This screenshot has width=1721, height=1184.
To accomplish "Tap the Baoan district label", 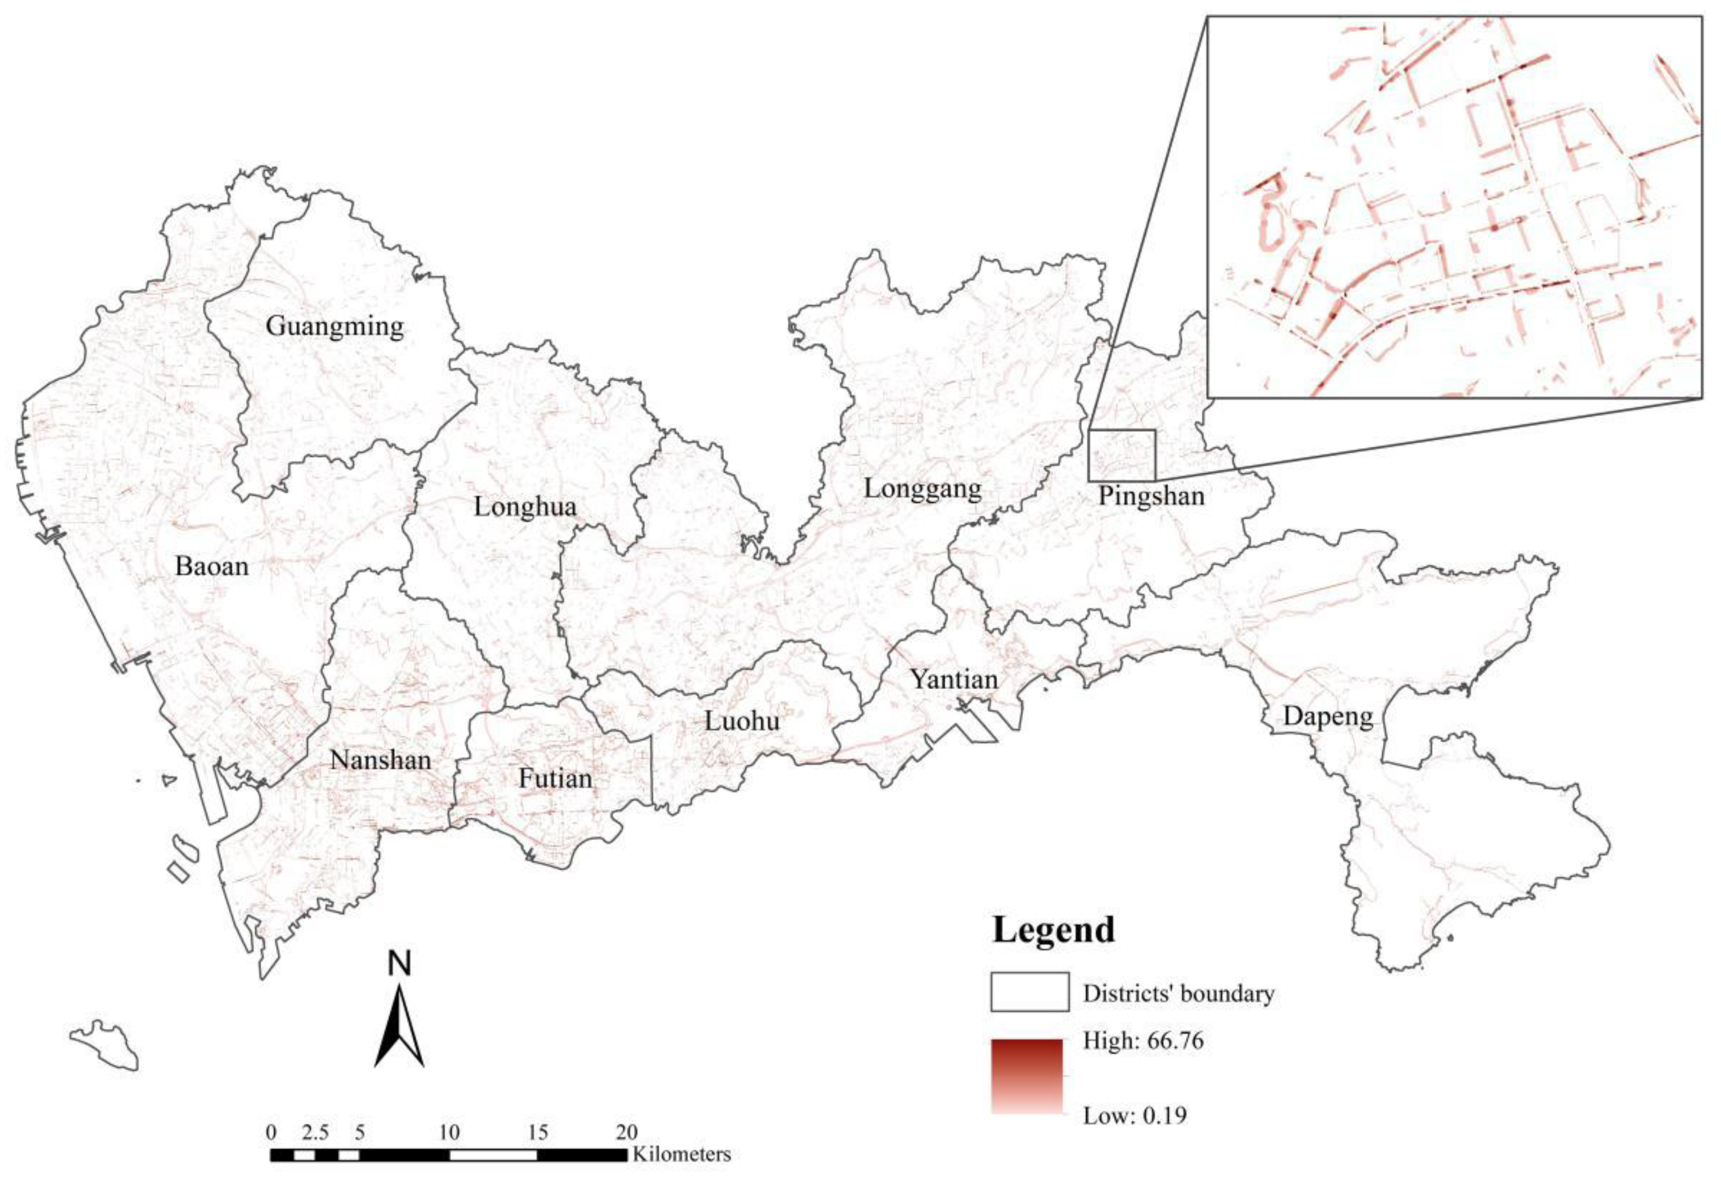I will tap(211, 566).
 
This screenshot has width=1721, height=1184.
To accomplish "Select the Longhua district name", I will tap(525, 507).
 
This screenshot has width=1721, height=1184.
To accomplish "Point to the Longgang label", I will tap(923, 489).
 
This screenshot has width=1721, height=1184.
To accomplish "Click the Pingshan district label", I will tap(1151, 495).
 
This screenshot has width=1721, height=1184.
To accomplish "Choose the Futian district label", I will tap(555, 778).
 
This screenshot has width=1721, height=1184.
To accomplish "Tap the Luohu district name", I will tap(742, 721).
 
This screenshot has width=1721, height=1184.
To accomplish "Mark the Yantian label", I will tap(954, 679).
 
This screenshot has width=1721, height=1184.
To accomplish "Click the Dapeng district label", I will tap(1328, 717).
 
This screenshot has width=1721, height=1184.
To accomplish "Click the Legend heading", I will tap(1053, 930).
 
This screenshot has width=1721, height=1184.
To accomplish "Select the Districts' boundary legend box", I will tap(1030, 992).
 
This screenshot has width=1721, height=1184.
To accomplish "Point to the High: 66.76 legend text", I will tap(1143, 1041).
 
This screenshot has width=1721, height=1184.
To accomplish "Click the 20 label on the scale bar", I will tap(627, 1133).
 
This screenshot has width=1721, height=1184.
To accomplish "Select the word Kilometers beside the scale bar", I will tap(681, 1154).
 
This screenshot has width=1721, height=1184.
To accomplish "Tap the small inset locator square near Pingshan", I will tap(1122, 455).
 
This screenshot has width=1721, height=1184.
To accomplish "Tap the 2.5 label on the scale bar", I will tap(315, 1133).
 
